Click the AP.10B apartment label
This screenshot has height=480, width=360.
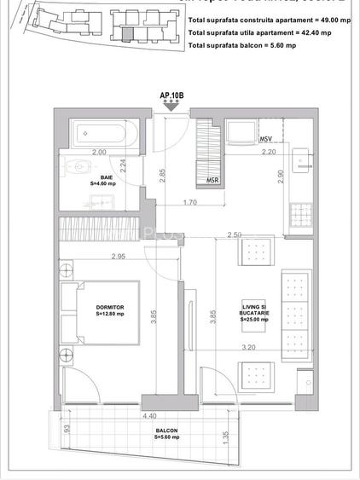[171, 95]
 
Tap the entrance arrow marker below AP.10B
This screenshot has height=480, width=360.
[172, 105]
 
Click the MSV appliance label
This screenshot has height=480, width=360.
[265, 138]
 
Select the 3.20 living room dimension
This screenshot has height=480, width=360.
[249, 347]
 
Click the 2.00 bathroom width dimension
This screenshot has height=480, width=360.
[99, 152]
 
